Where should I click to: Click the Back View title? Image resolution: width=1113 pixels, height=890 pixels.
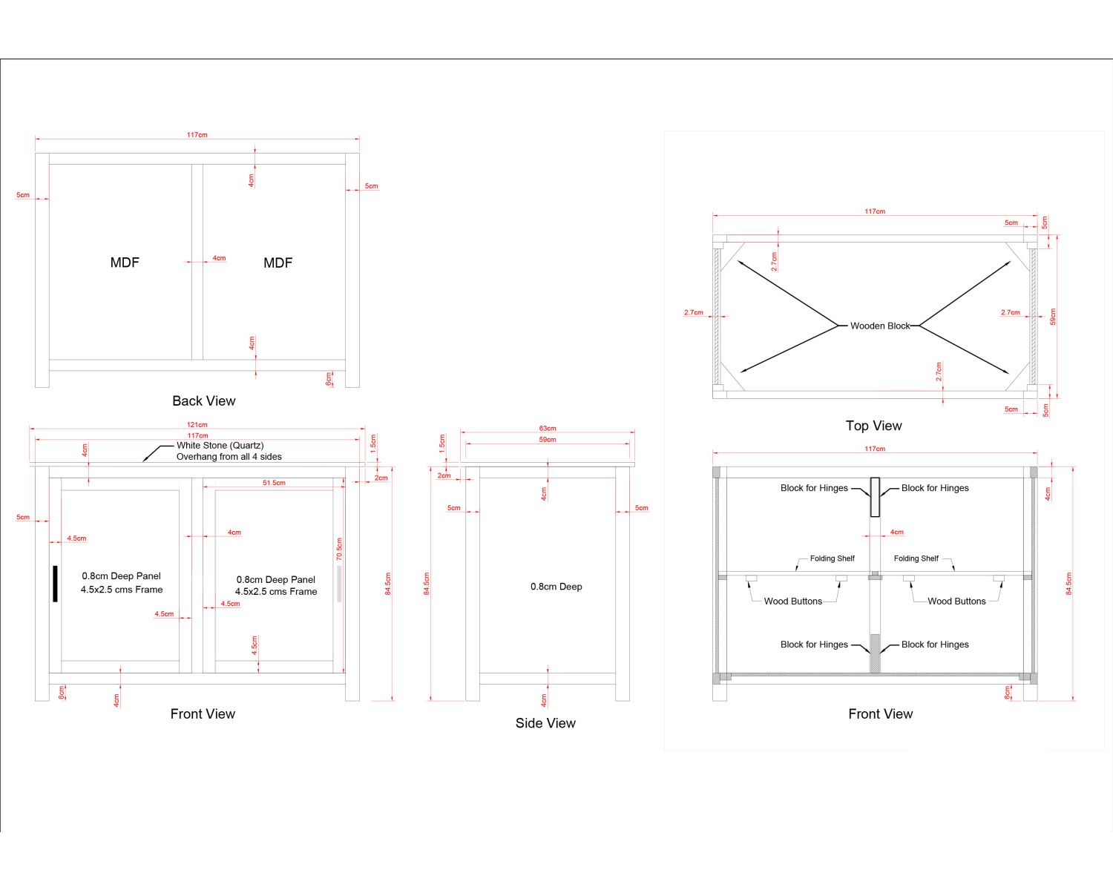pos(203,401)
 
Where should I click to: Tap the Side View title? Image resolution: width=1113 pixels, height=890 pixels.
pos(545,723)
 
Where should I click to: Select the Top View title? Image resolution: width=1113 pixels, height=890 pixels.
pos(873,426)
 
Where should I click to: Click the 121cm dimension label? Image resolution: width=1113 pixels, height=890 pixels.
pos(197,425)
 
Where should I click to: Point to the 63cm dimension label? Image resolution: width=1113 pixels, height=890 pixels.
pos(548,429)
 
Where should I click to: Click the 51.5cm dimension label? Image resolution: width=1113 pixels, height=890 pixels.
pos(274,483)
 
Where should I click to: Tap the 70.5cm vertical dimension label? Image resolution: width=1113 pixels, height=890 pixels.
pos(339,549)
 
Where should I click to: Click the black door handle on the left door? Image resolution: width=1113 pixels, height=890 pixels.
pos(55,584)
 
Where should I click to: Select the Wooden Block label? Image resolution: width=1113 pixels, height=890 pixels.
pos(879,326)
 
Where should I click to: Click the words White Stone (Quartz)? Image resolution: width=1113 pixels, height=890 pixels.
pos(220,446)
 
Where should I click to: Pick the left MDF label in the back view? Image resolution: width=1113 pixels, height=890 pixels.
pos(125,263)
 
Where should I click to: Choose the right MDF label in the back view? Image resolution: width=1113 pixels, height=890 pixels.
pos(278,263)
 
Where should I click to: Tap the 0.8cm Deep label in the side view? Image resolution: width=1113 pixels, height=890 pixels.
pos(556,587)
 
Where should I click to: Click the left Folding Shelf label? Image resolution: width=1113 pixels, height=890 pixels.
pos(832,558)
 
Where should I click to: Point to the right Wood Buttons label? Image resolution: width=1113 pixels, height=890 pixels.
pos(956,601)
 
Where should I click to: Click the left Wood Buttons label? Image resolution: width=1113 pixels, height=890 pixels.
pos(793,601)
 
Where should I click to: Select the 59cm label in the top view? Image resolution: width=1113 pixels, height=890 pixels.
pos(1052,317)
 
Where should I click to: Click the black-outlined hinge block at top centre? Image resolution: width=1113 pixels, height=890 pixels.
pos(875,497)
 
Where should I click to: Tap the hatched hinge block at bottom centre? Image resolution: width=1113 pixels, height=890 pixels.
pos(875,653)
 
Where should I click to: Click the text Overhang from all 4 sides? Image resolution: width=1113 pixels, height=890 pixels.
pos(229,457)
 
